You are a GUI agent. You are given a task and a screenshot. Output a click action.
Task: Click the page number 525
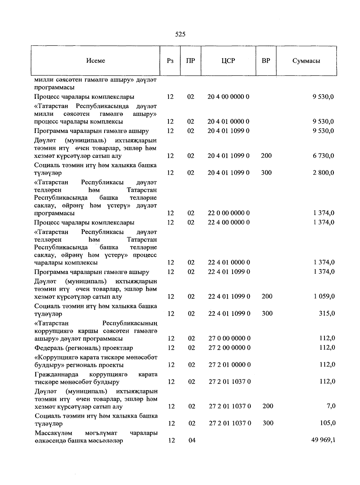(180, 34)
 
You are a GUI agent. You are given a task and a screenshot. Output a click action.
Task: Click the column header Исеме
(95, 61)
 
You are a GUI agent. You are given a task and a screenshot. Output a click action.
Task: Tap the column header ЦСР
(228, 61)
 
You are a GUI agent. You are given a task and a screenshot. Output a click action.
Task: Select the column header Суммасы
(306, 61)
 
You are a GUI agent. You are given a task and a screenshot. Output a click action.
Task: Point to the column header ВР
(266, 61)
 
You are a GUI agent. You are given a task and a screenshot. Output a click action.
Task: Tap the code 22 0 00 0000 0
(229, 213)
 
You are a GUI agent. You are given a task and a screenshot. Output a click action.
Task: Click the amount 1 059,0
(324, 297)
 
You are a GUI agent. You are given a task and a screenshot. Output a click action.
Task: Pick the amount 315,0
(327, 313)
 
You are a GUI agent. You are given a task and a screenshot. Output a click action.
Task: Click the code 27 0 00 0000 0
(229, 339)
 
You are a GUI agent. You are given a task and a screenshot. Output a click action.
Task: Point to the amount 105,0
(327, 423)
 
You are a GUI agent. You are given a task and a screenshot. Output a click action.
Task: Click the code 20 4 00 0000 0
(228, 97)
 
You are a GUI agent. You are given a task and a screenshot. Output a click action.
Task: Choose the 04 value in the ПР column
(191, 440)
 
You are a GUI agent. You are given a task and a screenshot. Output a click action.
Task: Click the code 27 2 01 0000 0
(229, 365)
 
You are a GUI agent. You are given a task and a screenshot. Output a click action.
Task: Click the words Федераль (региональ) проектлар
(84, 348)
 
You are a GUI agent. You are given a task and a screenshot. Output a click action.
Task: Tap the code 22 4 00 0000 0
(229, 222)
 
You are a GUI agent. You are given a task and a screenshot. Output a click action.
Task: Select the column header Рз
(170, 61)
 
